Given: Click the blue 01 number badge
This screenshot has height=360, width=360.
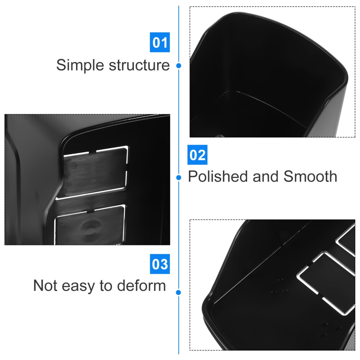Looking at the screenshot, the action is coord(160,42).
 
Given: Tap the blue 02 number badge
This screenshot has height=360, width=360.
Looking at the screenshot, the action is coord(197,155).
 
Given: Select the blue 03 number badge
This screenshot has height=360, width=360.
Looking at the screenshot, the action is coord(160,264).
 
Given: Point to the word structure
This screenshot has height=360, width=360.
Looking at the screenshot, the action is coord(139,65).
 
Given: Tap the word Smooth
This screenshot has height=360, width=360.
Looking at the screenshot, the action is coord(311,176).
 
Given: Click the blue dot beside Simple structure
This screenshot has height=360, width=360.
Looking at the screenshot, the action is coord(179,66).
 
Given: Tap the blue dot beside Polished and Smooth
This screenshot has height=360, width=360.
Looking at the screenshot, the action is coord(179,177).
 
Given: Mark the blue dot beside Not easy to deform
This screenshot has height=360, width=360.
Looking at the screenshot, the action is coord(179,292).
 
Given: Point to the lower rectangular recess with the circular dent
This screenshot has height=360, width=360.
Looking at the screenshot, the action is coord(90,225).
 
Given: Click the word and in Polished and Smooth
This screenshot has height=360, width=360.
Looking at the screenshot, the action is coord(266,176).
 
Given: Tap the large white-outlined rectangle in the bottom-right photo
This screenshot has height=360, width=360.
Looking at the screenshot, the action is coord(327,284).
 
